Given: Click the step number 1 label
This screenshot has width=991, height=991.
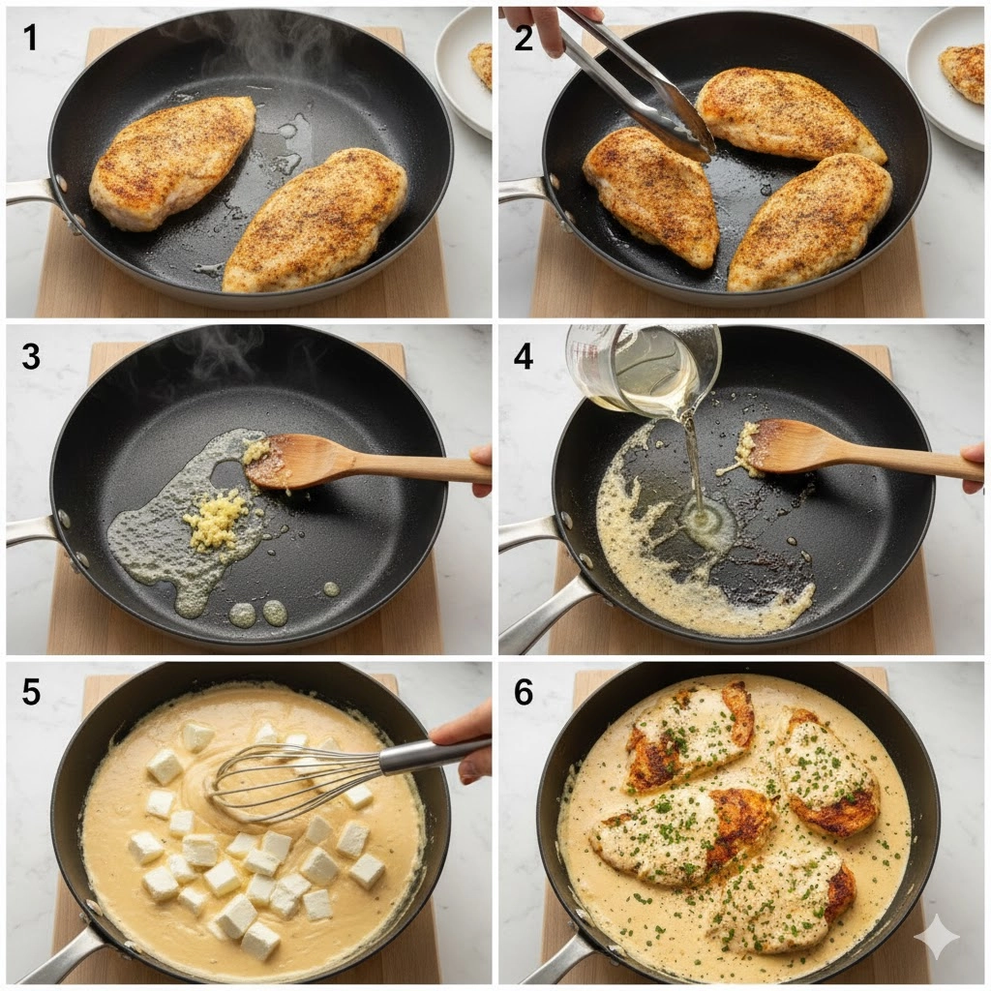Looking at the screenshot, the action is (29, 38).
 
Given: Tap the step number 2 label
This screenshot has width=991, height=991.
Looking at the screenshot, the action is (524, 38).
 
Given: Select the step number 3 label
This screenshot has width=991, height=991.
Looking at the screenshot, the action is (30, 356).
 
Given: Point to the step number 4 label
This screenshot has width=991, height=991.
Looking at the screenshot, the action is (524, 356).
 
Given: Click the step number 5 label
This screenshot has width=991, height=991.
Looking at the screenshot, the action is (31, 692).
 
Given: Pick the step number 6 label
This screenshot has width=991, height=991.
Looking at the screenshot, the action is (524, 692).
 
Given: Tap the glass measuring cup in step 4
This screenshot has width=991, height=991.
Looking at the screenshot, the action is (642, 367).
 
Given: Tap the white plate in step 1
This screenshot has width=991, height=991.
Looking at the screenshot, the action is (465, 70).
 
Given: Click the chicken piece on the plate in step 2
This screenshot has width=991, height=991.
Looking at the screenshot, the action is (963, 72).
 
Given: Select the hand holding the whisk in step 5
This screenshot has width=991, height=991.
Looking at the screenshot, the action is (465, 742).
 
